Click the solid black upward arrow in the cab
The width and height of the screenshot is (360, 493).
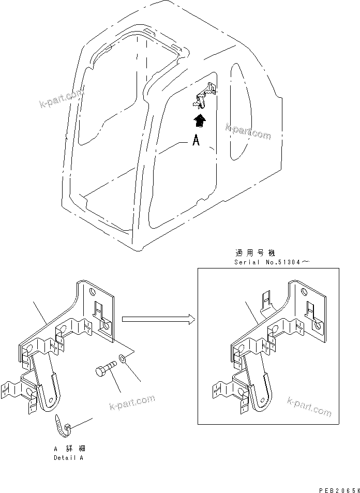click(198, 121)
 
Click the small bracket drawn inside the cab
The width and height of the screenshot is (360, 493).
click(205, 96)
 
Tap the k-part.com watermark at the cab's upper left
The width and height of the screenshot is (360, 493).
click(61, 99)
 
